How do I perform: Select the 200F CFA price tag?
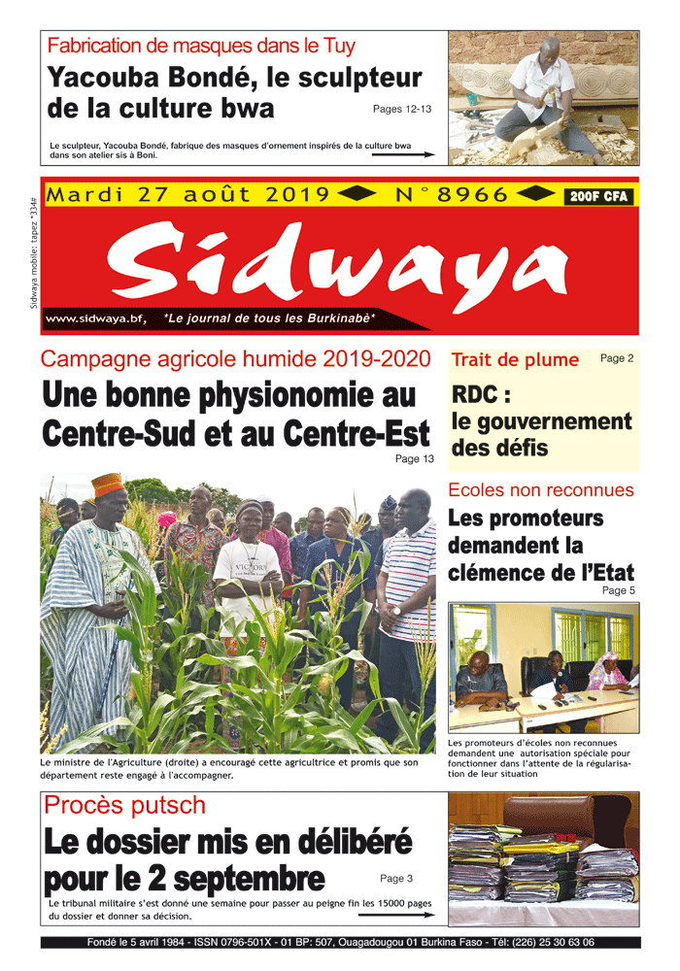tap(599, 197)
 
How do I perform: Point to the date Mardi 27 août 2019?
tap(188, 195)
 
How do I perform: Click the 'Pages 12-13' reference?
tap(402, 109)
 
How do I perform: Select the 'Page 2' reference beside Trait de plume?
tap(617, 358)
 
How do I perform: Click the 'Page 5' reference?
tap(618, 589)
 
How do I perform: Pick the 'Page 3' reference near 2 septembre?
tap(396, 879)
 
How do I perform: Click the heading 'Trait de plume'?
tap(515, 360)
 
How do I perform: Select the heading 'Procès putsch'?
tap(125, 805)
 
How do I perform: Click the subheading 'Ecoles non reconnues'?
tap(541, 490)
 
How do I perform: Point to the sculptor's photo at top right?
tap(543, 97)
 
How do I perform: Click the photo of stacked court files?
tap(543, 860)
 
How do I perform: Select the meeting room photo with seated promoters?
tap(543, 668)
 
